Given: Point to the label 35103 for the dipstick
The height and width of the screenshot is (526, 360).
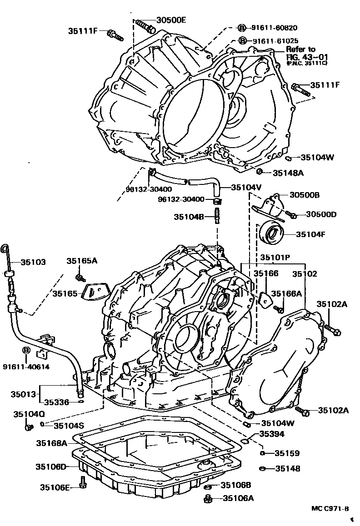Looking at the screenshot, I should [x=33, y=262].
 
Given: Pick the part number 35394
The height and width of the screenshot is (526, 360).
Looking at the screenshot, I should [x=272, y=434].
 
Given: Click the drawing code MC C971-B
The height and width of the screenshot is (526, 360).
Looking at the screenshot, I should [x=330, y=508].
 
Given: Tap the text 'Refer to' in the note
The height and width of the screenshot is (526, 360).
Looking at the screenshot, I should [x=300, y=49].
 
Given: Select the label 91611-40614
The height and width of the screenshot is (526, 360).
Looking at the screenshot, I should [x=25, y=367].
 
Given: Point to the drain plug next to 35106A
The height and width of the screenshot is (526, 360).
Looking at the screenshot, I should [x=209, y=499].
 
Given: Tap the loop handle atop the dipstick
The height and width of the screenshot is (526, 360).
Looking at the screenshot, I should [x=5, y=248].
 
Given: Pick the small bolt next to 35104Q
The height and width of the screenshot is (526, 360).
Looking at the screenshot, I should [x=30, y=427].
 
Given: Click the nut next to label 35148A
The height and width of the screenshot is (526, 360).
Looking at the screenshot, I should [x=259, y=172].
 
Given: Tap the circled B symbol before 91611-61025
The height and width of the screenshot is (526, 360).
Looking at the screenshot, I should [x=243, y=40].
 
